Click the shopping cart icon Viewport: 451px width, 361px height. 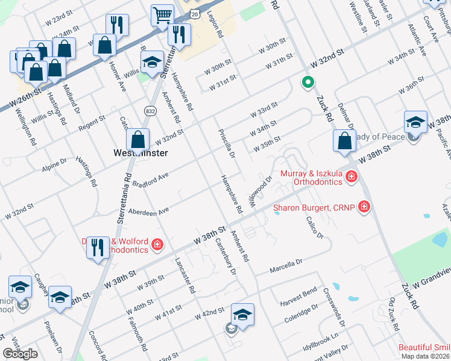(x=162, y=15)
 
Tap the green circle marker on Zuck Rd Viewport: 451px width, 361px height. (x=307, y=82)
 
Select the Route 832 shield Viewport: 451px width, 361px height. (x=150, y=110)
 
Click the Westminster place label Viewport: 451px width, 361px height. (x=140, y=153)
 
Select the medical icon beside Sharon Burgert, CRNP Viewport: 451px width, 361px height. (x=364, y=208)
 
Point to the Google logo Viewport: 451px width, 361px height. (x=20, y=354)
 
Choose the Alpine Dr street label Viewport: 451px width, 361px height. (x=55, y=164)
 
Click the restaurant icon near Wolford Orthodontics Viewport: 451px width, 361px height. (x=98, y=247)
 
